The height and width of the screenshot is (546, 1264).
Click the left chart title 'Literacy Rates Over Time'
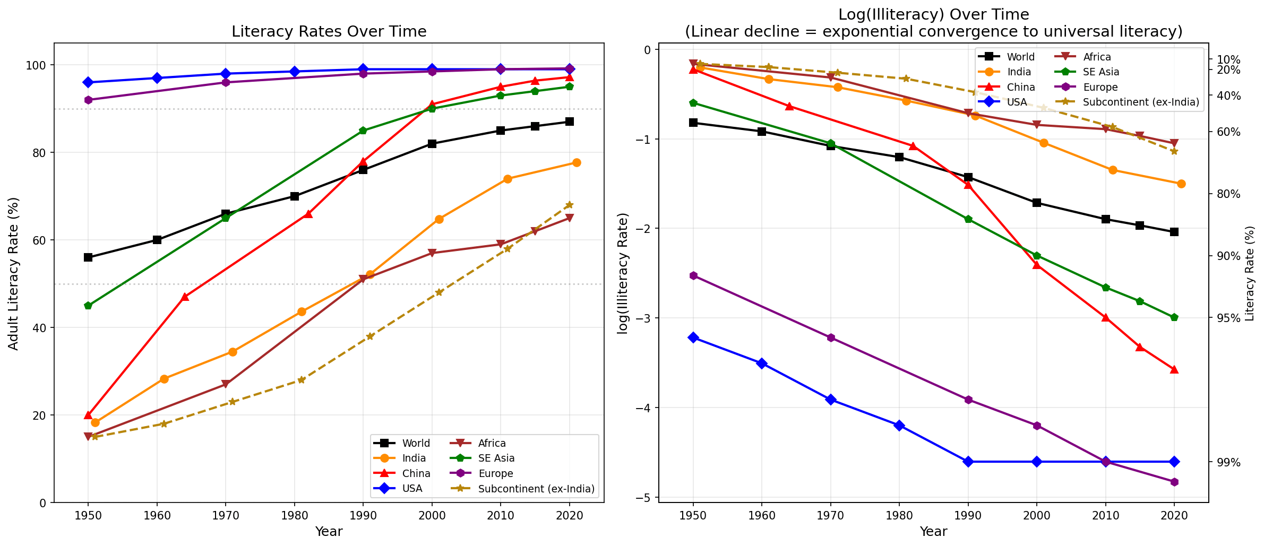click(x=329, y=32)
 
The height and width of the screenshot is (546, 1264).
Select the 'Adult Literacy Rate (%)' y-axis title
click(x=14, y=273)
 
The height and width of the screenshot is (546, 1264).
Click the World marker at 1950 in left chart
click(x=88, y=257)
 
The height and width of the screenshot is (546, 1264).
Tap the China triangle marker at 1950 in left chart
click(x=88, y=415)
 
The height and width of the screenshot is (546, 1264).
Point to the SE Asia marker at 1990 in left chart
click(x=363, y=131)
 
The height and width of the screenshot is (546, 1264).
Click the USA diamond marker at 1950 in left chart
click(x=88, y=82)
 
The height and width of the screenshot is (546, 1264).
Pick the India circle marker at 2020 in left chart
click(x=577, y=162)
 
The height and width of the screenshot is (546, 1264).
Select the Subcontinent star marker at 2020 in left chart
click(x=570, y=205)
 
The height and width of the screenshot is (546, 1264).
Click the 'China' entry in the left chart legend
click(x=416, y=473)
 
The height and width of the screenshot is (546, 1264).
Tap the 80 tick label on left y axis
click(x=40, y=153)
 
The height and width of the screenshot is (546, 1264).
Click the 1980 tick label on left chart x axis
click(x=294, y=515)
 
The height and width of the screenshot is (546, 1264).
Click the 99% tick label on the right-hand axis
click(x=1228, y=462)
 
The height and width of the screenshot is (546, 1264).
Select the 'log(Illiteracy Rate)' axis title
click(x=624, y=273)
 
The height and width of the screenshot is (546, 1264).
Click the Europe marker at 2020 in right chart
click(x=1174, y=482)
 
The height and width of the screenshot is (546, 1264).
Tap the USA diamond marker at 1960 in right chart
click(x=762, y=363)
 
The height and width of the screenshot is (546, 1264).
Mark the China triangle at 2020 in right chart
click(x=1174, y=369)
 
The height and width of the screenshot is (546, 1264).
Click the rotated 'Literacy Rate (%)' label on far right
click(x=1250, y=273)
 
